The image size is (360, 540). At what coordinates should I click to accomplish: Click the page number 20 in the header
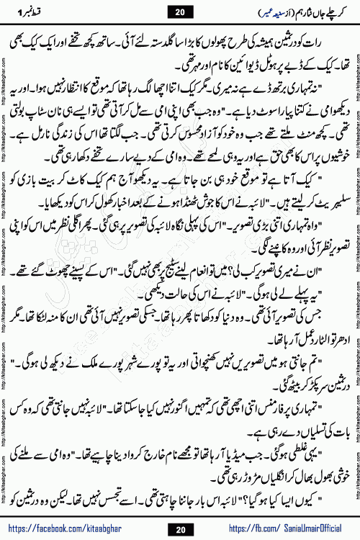(179, 12)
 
